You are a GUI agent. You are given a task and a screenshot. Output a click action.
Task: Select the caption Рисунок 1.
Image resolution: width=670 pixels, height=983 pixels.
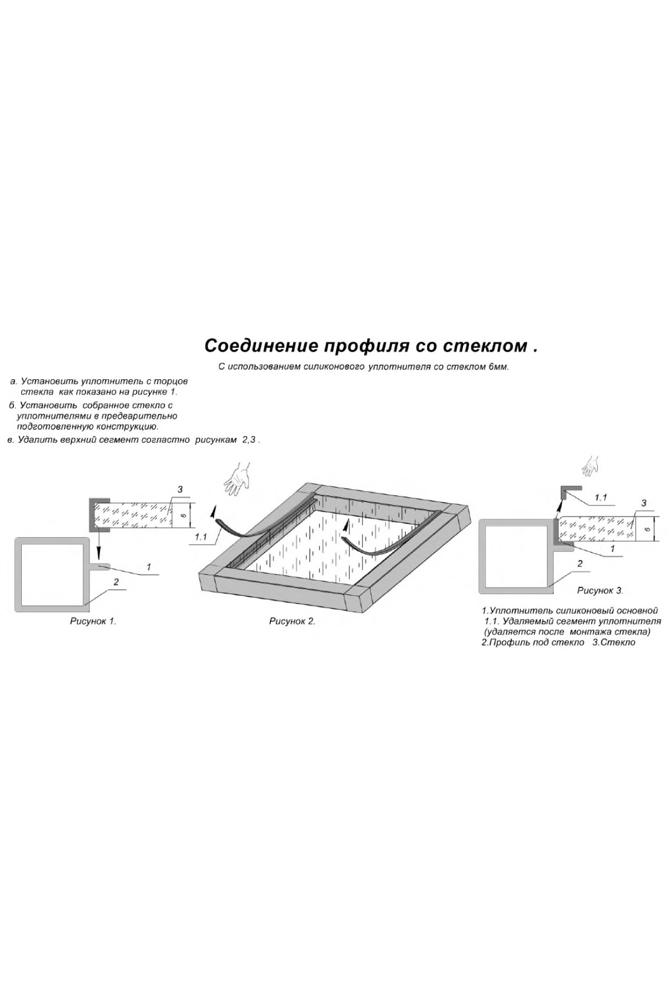pos(93,621)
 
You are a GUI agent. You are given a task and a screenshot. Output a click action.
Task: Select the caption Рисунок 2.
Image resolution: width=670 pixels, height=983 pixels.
pos(292,621)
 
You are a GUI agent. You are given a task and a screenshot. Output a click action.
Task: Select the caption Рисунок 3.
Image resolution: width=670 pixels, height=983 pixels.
pos(600,590)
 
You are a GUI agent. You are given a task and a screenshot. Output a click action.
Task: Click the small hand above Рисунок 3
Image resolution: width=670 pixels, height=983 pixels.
pos(590,465)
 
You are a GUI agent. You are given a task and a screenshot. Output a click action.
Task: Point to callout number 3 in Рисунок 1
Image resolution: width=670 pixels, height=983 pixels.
pos(180,490)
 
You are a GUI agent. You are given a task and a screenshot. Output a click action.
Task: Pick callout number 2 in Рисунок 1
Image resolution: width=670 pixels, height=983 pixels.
pos(116,582)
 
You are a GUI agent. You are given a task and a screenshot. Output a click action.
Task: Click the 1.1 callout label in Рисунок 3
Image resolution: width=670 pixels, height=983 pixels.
pos(601,497)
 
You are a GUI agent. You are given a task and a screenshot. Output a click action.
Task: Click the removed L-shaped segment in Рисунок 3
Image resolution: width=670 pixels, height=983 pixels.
pos(567,494)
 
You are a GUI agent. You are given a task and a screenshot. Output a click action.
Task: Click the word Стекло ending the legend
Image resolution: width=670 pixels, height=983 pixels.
pos(618,642)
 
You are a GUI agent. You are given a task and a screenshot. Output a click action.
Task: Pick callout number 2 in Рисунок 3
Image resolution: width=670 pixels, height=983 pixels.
pos(580,564)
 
